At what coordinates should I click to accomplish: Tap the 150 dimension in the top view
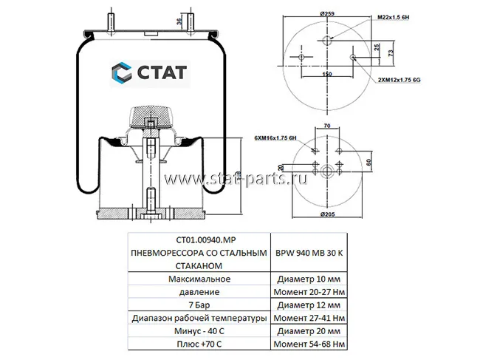tap(327, 74)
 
